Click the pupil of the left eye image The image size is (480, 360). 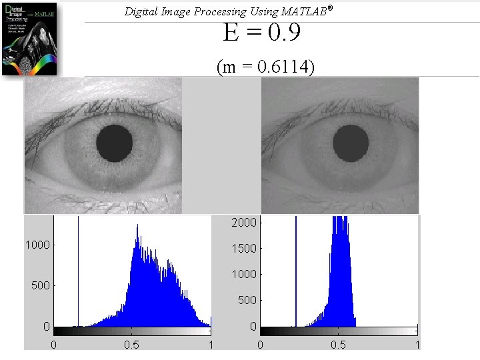115,141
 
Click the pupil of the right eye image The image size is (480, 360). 351,141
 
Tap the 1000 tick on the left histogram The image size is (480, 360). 38,245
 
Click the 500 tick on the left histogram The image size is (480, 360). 41,285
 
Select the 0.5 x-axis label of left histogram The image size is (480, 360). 132,345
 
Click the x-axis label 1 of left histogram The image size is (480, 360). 211,345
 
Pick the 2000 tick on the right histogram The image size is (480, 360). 245,223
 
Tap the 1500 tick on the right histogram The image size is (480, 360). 245,248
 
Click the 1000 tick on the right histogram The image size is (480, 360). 245,274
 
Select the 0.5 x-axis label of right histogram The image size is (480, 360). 339,345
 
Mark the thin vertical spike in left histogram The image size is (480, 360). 78,273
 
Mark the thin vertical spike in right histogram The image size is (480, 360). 296,273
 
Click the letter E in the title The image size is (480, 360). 231,32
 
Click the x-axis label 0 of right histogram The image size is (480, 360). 260,345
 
